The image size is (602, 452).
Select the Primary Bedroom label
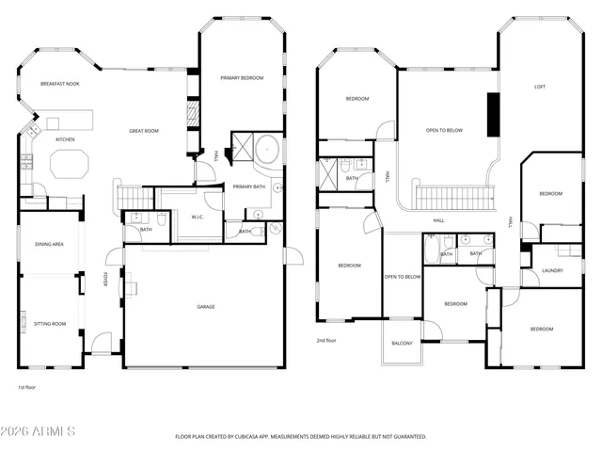coord(242,77)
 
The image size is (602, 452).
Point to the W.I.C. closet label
coord(198,217)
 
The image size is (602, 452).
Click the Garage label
coord(205,307)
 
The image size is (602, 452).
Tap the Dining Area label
coord(50,245)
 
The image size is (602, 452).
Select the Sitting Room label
coord(50,323)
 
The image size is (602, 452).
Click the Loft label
coord(540,87)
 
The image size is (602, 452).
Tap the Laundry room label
coord(553,271)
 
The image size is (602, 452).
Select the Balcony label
coord(402,343)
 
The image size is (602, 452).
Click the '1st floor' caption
coord(28,387)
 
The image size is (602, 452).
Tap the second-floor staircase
coord(454,198)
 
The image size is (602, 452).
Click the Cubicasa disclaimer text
coord(301,437)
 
